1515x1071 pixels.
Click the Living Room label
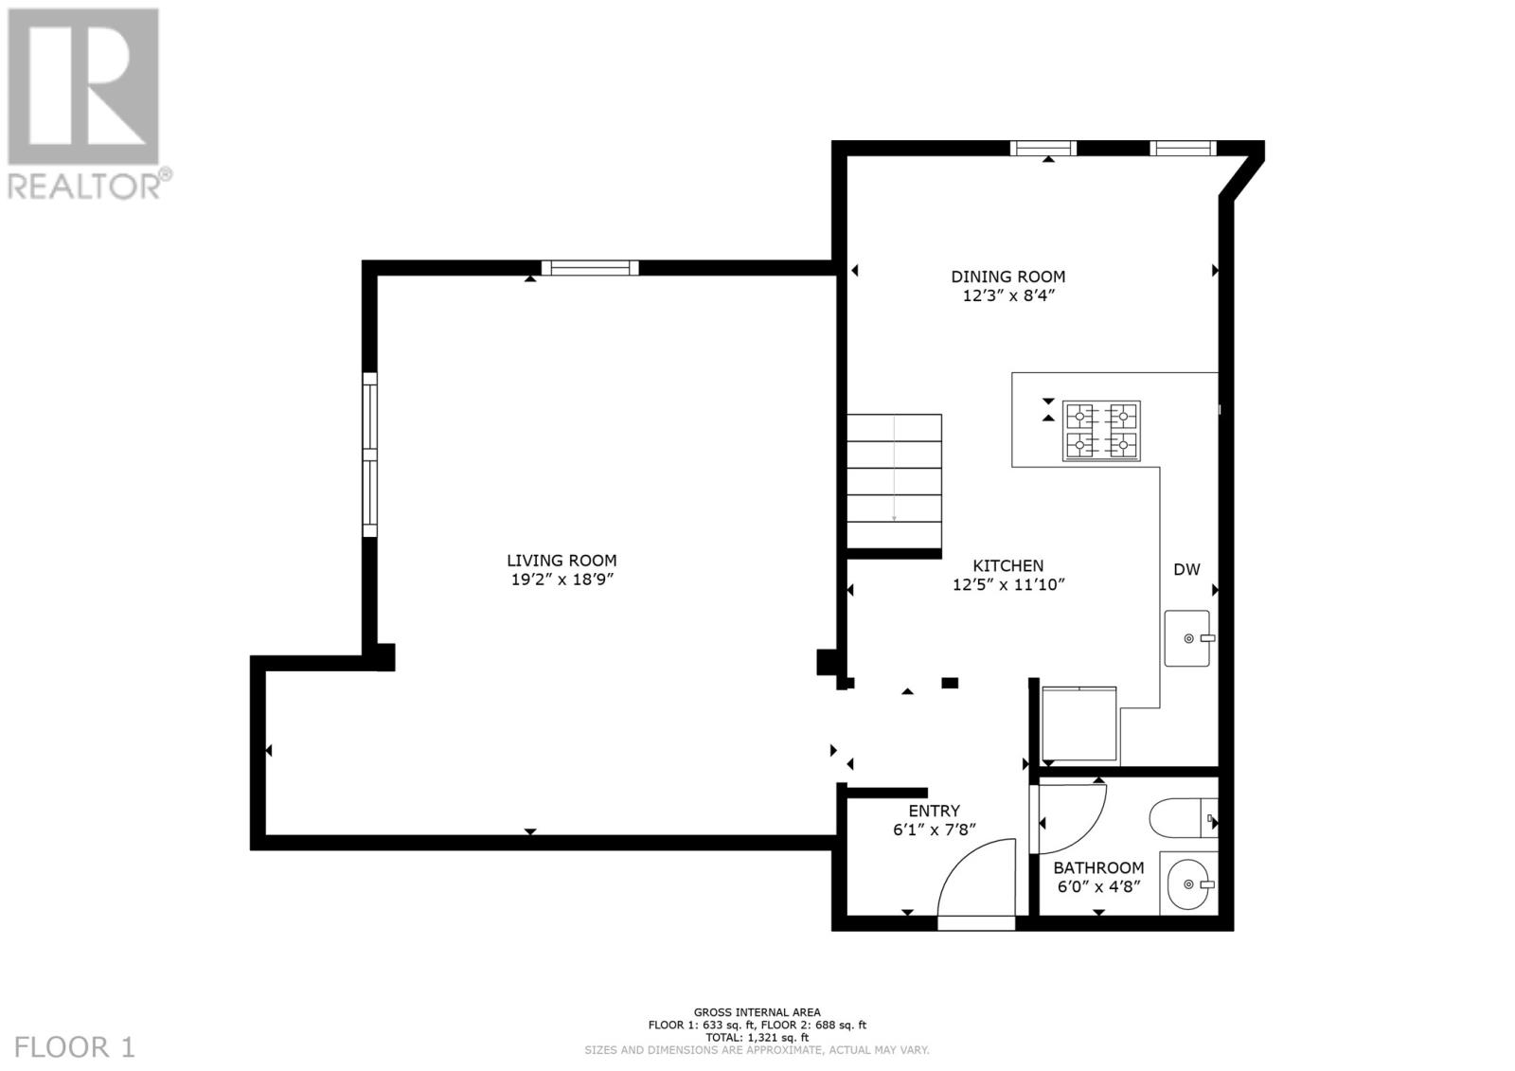click(x=561, y=561)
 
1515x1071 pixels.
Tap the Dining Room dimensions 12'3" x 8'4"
click(x=1007, y=295)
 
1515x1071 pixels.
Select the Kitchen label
click(x=1007, y=565)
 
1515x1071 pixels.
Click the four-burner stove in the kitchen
click(x=1101, y=431)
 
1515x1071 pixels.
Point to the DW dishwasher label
click(x=1186, y=569)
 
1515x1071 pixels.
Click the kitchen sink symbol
click(x=1187, y=638)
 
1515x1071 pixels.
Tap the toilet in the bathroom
click(x=1174, y=818)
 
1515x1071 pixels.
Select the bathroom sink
click(x=1187, y=885)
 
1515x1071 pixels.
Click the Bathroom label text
click(x=1098, y=867)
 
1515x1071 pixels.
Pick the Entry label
click(x=934, y=811)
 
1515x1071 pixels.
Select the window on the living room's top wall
click(x=590, y=268)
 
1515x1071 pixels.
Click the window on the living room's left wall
click(x=370, y=455)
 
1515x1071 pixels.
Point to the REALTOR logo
click(x=84, y=104)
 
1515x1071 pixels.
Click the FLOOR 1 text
click(x=76, y=1047)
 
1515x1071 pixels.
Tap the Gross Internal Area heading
click(x=757, y=1012)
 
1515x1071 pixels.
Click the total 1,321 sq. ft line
click(x=757, y=1037)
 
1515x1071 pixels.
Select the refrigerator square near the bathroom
click(x=1078, y=724)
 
